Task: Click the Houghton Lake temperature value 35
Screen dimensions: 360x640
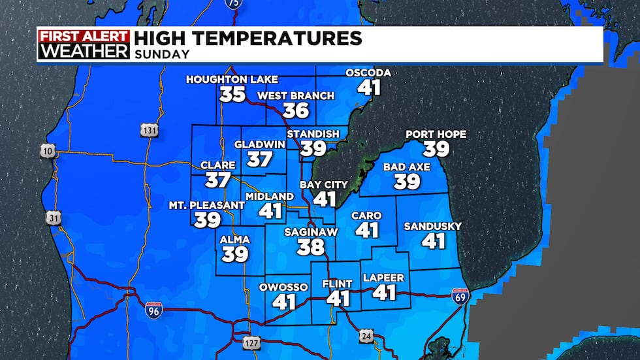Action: [x=232, y=95]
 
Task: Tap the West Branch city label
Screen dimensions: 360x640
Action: [x=296, y=96]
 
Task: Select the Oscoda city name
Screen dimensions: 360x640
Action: [x=368, y=73]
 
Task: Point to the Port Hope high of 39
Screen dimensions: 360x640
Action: [x=436, y=149]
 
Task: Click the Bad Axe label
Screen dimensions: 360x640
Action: [x=407, y=167]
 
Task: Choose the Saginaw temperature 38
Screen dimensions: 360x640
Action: [x=310, y=247]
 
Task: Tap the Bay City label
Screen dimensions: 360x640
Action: [x=324, y=185]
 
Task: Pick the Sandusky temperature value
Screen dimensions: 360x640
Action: [x=433, y=241]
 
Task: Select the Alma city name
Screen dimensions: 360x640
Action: [x=235, y=240]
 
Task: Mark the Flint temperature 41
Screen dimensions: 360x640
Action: [x=338, y=299]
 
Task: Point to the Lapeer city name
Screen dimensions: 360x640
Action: [x=384, y=278]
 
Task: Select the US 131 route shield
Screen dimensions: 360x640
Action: [x=149, y=131]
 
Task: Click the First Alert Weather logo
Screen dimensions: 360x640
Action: [x=84, y=44]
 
